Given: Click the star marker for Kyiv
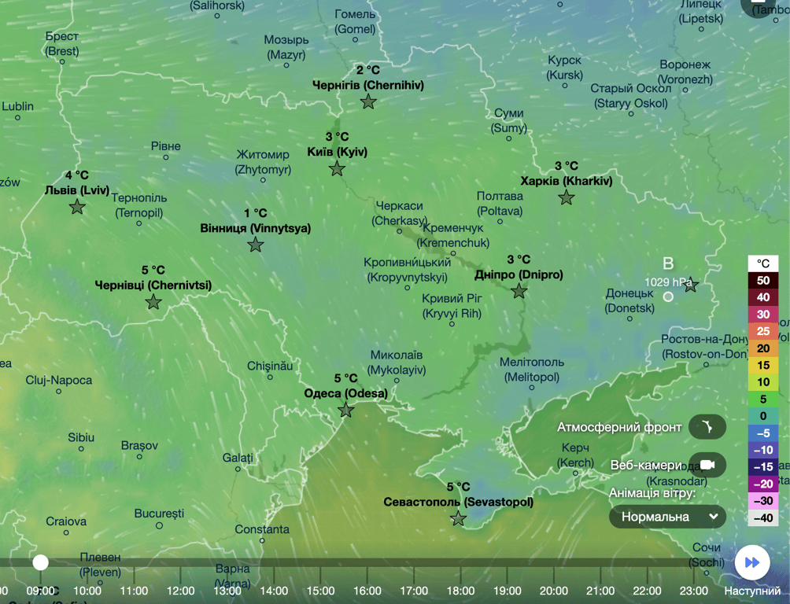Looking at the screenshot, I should pyautogui.click(x=337, y=168).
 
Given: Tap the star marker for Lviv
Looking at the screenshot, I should pyautogui.click(x=77, y=207).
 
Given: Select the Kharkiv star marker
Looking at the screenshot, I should pyautogui.click(x=567, y=197).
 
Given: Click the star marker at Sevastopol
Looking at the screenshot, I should pyautogui.click(x=458, y=518).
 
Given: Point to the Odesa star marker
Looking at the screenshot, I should pyautogui.click(x=345, y=410).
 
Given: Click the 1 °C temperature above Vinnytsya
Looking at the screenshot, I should pyautogui.click(x=255, y=213).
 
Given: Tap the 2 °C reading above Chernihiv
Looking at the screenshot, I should pyautogui.click(x=367, y=69).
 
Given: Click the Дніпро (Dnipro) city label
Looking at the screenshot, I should pyautogui.click(x=519, y=274).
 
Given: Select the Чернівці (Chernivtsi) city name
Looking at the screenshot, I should pyautogui.click(x=153, y=285).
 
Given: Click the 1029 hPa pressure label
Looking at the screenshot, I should pyautogui.click(x=669, y=282).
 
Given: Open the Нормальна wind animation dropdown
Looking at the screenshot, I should pyautogui.click(x=667, y=517).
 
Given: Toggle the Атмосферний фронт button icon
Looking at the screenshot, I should pyautogui.click(x=707, y=427).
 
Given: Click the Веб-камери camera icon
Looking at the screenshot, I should pyautogui.click(x=707, y=465).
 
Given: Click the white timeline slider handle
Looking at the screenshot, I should pyautogui.click(x=40, y=562).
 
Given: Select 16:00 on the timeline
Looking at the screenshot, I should pyautogui.click(x=367, y=591).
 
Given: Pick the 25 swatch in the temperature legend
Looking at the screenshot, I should pyautogui.click(x=762, y=331).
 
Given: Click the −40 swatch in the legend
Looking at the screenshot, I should pyautogui.click(x=762, y=517).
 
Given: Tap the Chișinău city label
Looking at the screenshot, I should pyautogui.click(x=270, y=366).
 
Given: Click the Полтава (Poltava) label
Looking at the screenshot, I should pyautogui.click(x=500, y=203).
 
